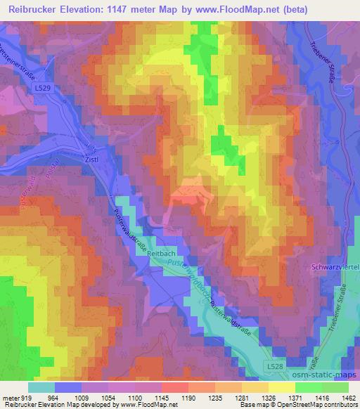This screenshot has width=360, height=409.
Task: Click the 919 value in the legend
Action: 24,397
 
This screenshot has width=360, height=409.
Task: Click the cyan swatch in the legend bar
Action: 41,387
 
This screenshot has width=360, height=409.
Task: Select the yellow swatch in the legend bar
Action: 282,387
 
